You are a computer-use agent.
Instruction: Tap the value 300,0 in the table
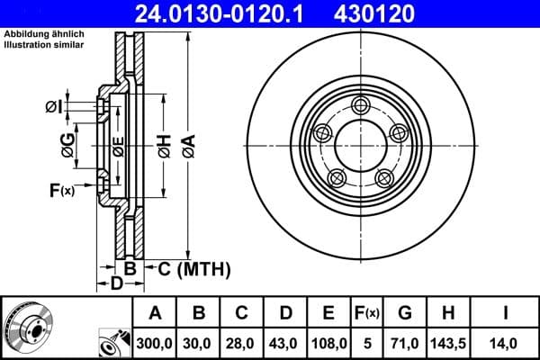pyautogui.click(x=155, y=343)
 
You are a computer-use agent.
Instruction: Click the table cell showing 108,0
pyautogui.click(x=329, y=343)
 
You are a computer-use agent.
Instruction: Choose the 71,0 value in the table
pyautogui.click(x=406, y=343)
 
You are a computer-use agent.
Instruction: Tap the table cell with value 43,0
pyautogui.click(x=285, y=343)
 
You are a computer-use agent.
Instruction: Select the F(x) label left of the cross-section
pyautogui.click(x=61, y=190)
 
